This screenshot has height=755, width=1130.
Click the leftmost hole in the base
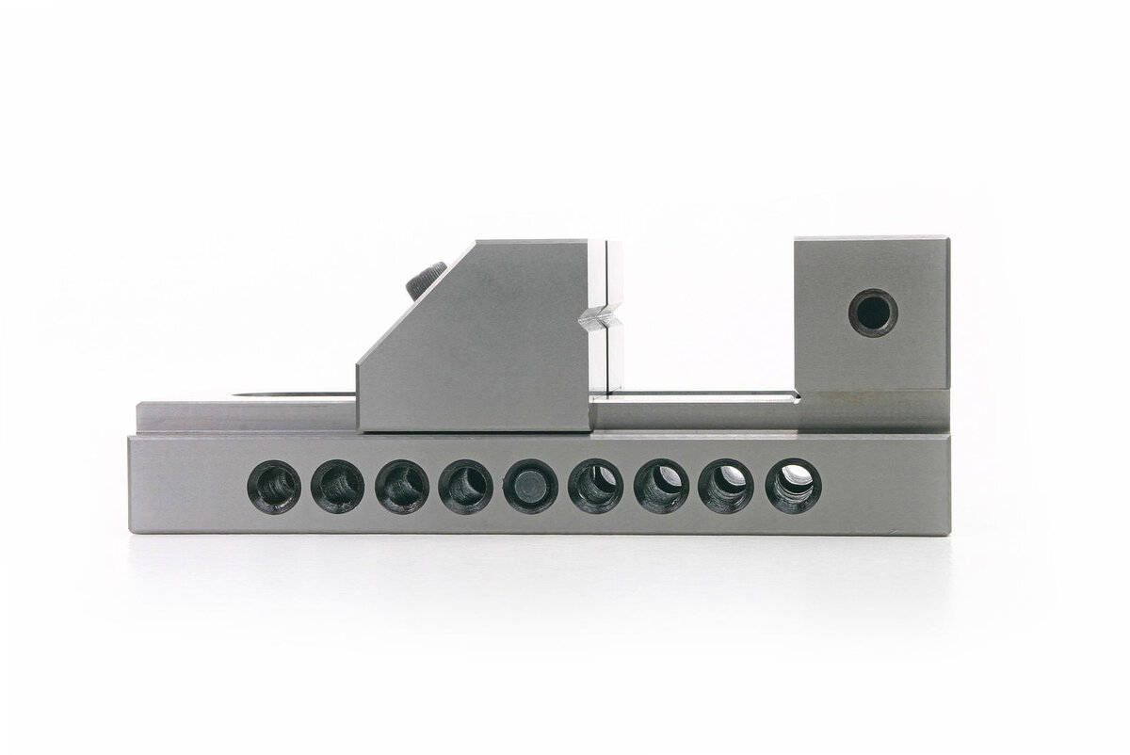(274, 488)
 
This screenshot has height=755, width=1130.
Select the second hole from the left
(338, 488)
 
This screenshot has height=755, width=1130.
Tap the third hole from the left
(402, 488)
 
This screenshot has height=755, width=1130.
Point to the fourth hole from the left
(465, 488)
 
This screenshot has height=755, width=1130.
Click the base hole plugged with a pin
(531, 488)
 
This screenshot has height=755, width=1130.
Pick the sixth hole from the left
(595, 487)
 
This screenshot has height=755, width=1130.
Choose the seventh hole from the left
(661, 487)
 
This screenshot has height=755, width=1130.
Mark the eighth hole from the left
(726, 487)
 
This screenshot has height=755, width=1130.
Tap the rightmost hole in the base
(793, 486)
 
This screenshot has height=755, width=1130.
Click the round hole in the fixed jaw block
(873, 312)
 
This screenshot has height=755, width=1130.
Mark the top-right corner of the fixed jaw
(947, 238)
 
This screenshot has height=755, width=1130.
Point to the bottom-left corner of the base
(130, 532)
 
